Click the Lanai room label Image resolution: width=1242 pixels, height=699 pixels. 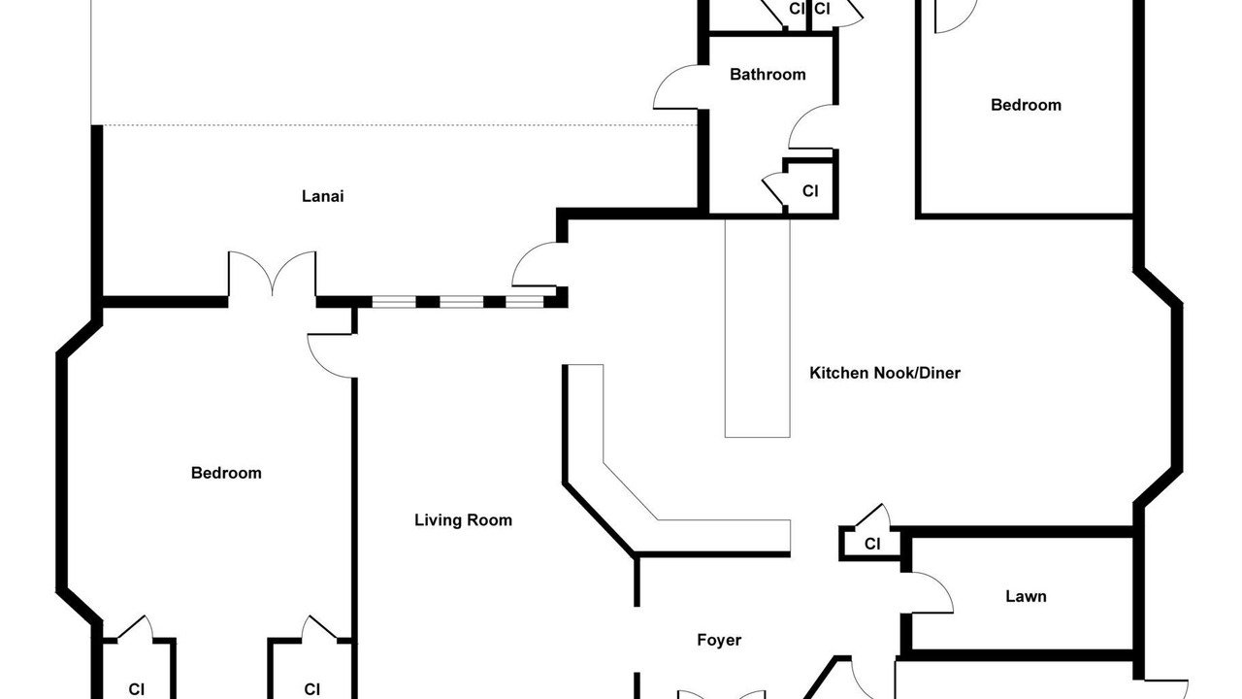point(323,196)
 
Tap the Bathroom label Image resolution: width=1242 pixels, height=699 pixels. point(768,75)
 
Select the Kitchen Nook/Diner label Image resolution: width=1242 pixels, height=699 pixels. point(885,373)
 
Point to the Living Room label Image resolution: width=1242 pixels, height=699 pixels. point(463,520)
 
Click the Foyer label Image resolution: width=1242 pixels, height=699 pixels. point(719,640)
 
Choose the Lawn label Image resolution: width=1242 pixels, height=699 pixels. point(1026,596)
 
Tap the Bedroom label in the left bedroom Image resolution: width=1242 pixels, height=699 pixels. point(226,473)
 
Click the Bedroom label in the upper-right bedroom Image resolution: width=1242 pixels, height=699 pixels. point(1026,105)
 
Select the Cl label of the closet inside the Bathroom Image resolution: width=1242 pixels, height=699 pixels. point(810,191)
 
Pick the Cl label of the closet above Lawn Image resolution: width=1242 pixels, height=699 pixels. point(872,545)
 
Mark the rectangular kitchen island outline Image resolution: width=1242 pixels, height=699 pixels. point(758,328)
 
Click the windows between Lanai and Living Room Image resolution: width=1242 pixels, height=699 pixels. point(457,302)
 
